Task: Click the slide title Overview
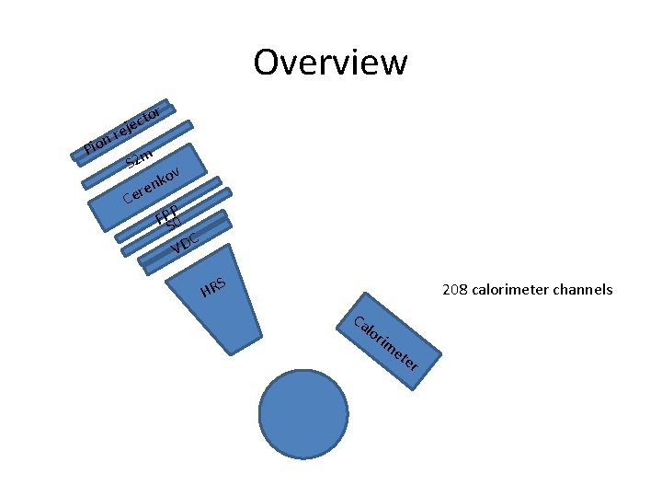330,63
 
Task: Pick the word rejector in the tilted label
139,121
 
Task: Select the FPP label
166,214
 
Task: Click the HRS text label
212,287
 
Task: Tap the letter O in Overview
268,63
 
